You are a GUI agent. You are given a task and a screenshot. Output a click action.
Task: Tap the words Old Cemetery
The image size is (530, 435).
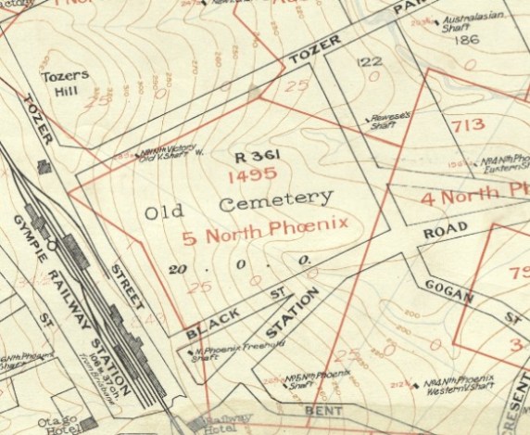tap(238, 205)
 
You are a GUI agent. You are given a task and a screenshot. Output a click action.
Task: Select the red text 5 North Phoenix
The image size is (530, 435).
tap(265, 225)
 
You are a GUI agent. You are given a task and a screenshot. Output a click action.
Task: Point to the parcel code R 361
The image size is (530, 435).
tap(258, 155)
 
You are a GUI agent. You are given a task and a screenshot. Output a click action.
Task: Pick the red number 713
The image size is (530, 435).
tap(468, 124)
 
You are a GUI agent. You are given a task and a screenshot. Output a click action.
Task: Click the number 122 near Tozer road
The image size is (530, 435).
tap(371, 61)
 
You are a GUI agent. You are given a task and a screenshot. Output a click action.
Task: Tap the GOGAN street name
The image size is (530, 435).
tap(449, 290)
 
